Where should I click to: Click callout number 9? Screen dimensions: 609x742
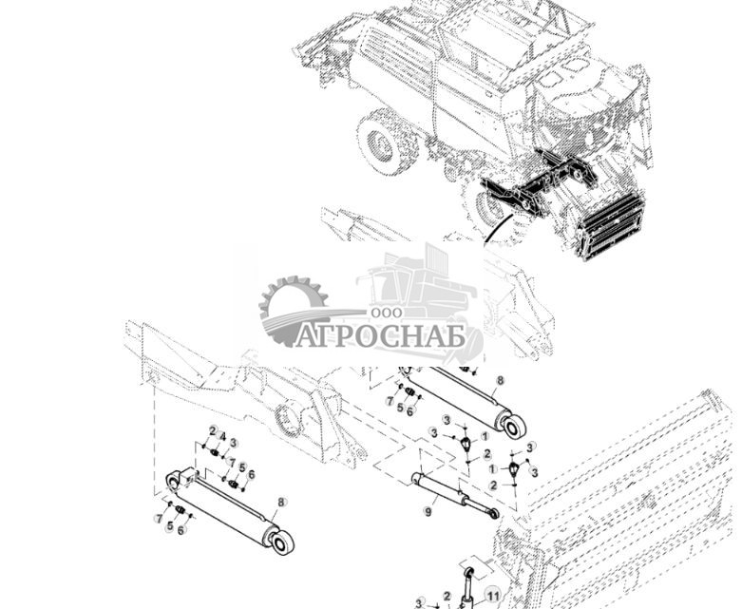click(428, 511)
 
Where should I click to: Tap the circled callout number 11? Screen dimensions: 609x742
click(492, 596)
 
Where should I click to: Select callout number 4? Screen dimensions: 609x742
click(223, 436)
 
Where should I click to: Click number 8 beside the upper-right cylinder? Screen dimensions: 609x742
click(500, 380)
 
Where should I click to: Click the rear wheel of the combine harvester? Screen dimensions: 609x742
click(384, 142)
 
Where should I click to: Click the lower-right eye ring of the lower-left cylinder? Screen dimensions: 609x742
click(281, 543)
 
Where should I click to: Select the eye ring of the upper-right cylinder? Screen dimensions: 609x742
click(514, 427)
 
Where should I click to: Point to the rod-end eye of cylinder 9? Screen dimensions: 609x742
click(494, 513)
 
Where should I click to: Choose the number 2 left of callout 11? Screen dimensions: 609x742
click(447, 596)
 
